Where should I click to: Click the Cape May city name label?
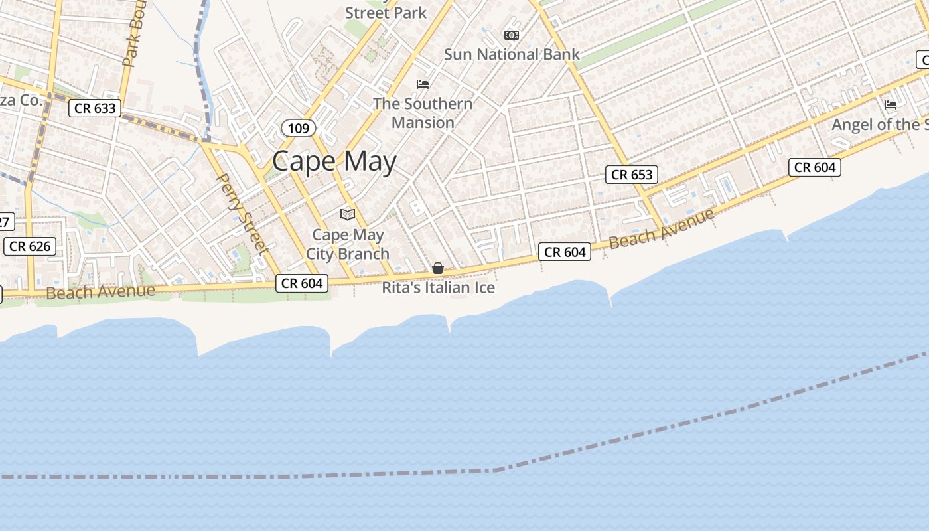(334, 161)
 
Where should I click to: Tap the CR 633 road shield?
(96, 108)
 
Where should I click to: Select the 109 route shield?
(299, 128)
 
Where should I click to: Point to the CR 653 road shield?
(632, 175)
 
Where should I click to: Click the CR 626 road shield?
(30, 246)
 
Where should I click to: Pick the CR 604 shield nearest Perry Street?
(302, 283)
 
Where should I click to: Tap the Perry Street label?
(242, 214)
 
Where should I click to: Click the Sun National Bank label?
(512, 54)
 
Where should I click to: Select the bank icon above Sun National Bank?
(511, 35)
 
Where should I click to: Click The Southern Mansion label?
(423, 113)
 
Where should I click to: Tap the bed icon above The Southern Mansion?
(423, 84)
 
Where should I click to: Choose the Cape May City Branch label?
(348, 244)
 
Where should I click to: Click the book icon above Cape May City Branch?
(348, 214)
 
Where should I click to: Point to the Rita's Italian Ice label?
(438, 288)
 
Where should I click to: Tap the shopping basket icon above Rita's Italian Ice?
(438, 268)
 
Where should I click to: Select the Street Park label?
(386, 13)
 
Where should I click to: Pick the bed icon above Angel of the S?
(891, 105)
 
